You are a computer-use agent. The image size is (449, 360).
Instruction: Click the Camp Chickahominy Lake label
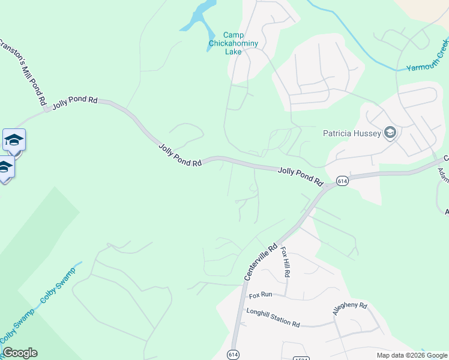pyautogui.click(x=225, y=43)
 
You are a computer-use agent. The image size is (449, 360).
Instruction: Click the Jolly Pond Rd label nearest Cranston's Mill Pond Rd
pyautogui.click(x=74, y=100)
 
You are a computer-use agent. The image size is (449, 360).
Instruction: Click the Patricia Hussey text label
pyautogui.click(x=352, y=133)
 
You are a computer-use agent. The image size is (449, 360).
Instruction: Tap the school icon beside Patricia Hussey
pyautogui.click(x=390, y=133)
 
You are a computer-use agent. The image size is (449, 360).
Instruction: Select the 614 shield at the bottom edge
pyautogui.click(x=234, y=354)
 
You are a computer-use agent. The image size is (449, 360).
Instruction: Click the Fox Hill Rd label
pyautogui.click(x=286, y=262)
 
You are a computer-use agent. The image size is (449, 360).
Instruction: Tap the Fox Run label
pyautogui.click(x=261, y=295)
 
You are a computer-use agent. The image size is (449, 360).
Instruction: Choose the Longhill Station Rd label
pyautogui.click(x=273, y=318)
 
